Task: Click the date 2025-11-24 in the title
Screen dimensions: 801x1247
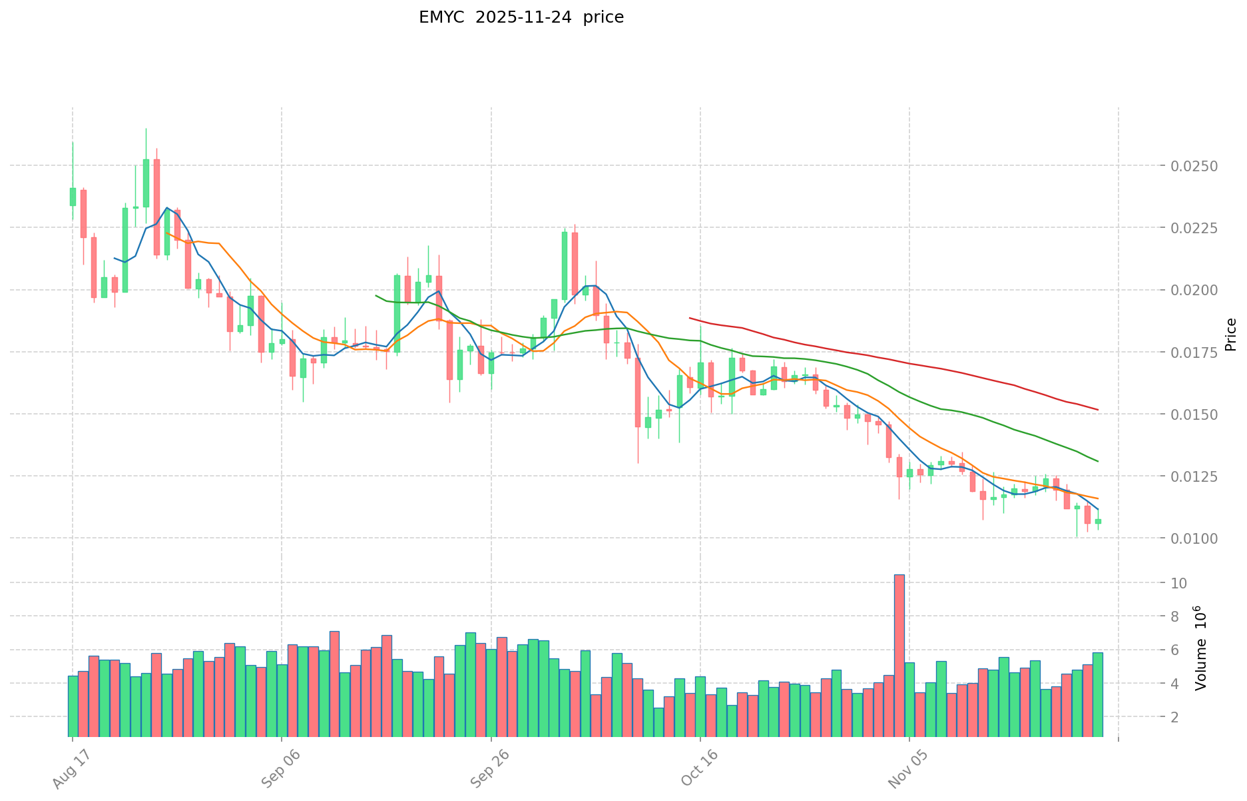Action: pos(519,17)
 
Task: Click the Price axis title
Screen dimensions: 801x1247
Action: pos(1230,335)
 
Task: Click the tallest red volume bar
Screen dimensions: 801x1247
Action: pos(899,656)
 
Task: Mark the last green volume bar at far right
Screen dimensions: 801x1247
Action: pos(1097,694)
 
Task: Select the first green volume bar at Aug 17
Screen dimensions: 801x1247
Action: pos(73,706)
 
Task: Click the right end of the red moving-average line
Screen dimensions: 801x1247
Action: pos(1097,409)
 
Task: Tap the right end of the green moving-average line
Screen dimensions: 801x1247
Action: pos(1097,461)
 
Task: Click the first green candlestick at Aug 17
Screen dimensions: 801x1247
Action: pos(73,197)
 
